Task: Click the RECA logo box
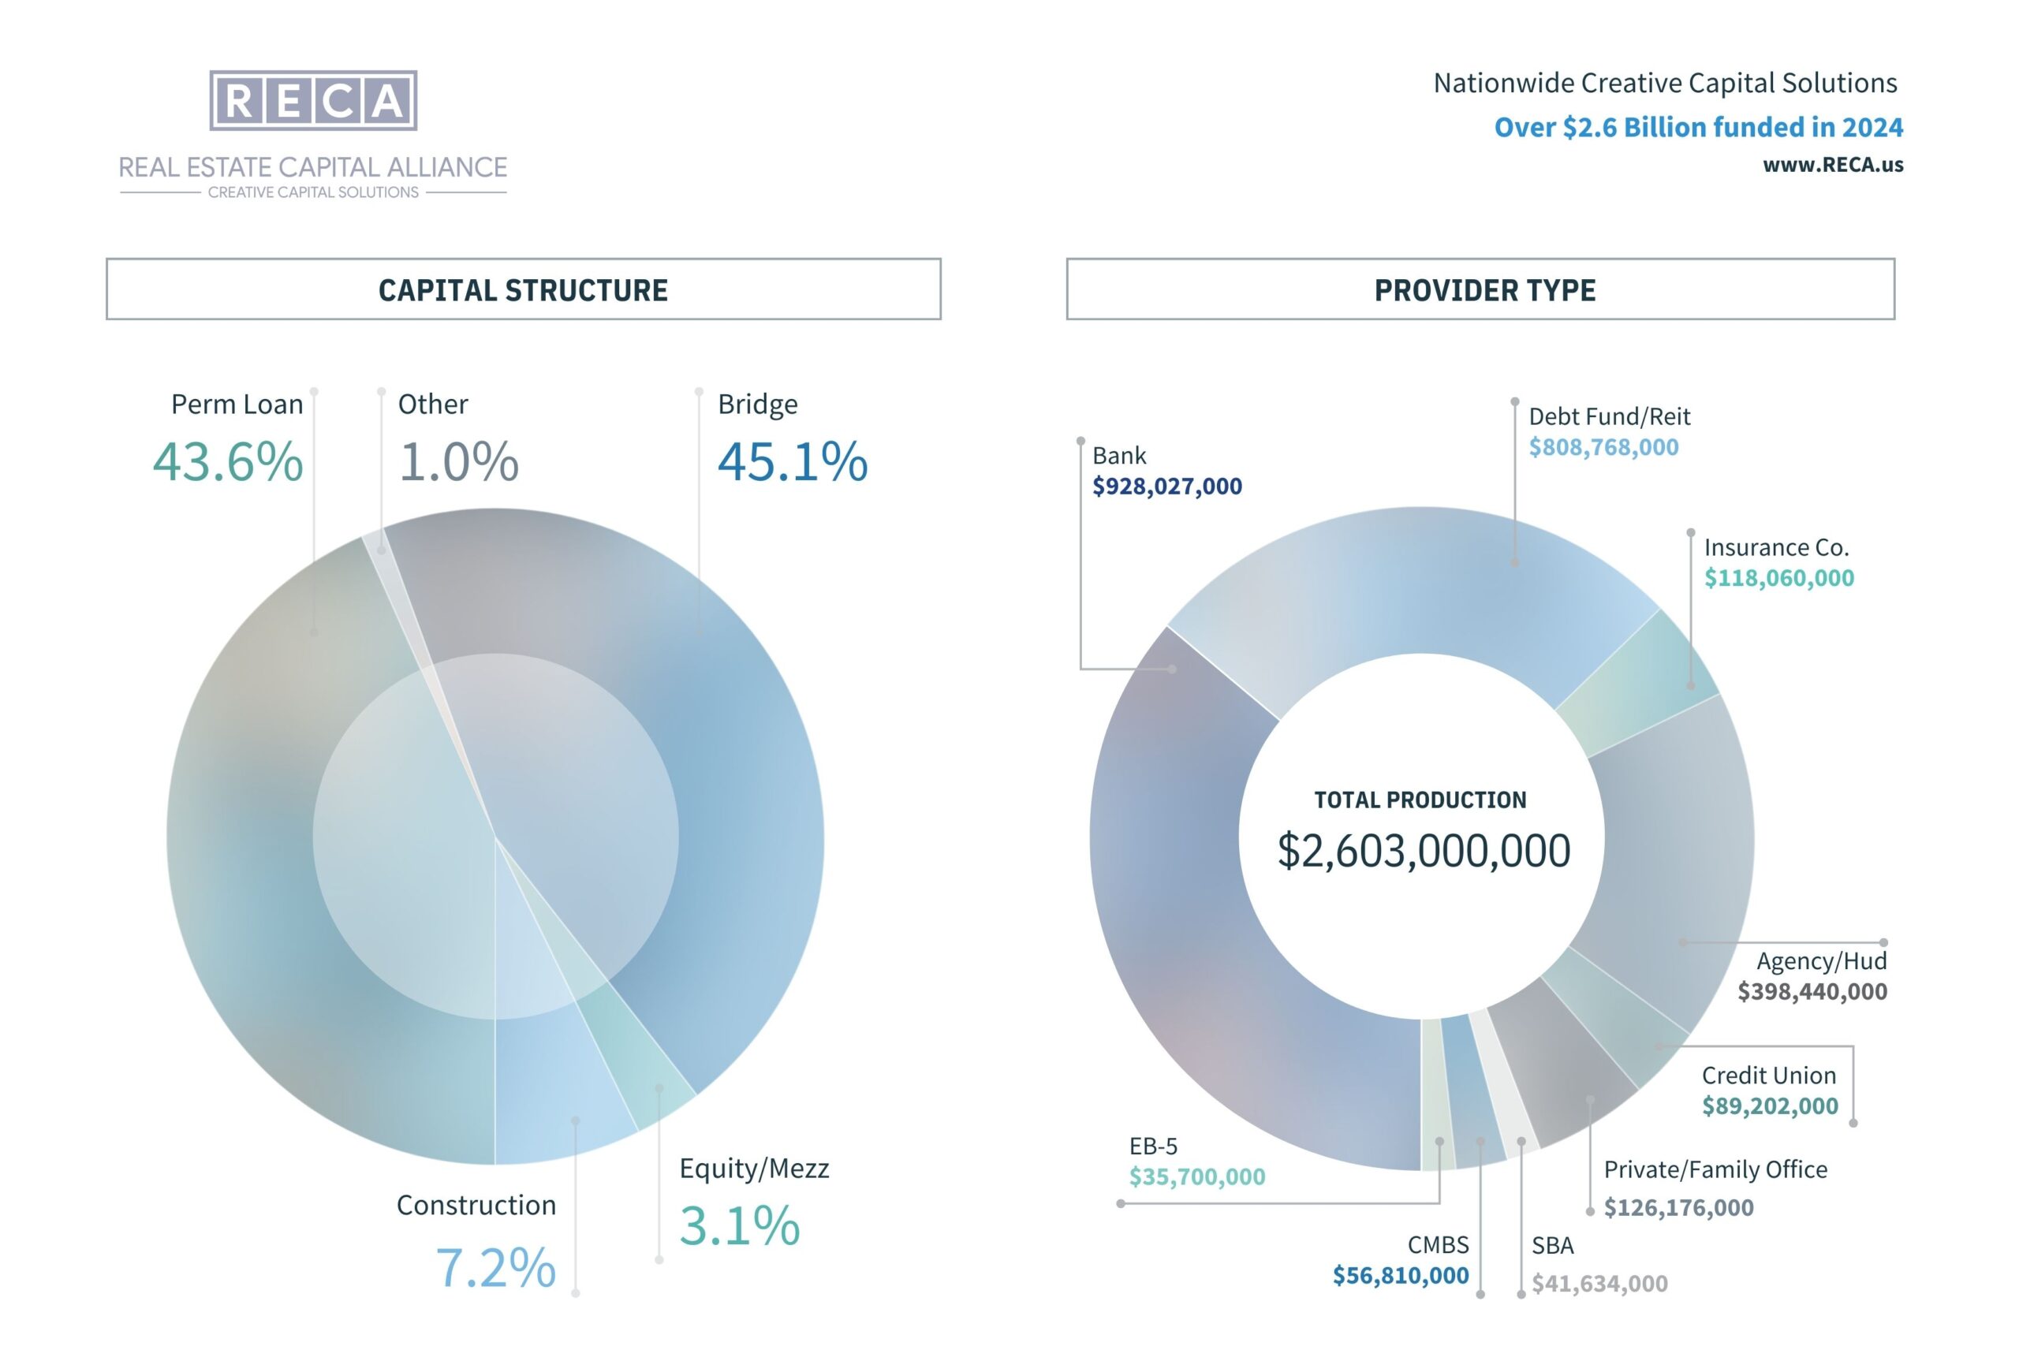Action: [313, 100]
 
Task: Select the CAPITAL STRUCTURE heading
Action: [523, 290]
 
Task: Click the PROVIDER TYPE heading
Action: [1484, 290]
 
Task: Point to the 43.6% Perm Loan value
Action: [227, 462]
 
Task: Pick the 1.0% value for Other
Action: [458, 462]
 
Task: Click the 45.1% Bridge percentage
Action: [793, 462]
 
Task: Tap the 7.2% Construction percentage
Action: [495, 1267]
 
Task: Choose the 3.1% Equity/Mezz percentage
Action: [739, 1225]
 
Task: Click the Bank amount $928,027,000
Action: [1166, 487]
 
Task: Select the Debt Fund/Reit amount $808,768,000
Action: [1603, 447]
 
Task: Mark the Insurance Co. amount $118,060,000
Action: [1778, 579]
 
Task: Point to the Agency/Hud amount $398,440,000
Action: [1812, 991]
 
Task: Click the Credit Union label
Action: [1768, 1076]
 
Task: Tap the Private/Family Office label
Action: [1715, 1170]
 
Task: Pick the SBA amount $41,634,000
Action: [1599, 1284]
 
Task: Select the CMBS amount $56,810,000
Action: [1400, 1276]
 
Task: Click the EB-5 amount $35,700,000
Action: [1196, 1177]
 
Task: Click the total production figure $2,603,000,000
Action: [1424, 851]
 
